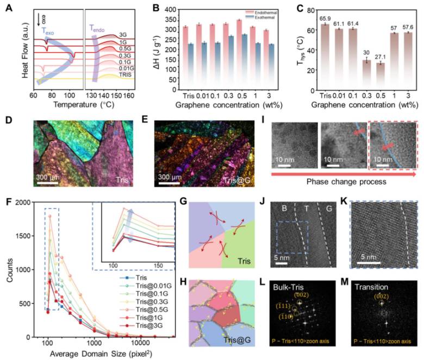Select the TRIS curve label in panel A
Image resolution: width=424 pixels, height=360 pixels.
pyautogui.click(x=126, y=74)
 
